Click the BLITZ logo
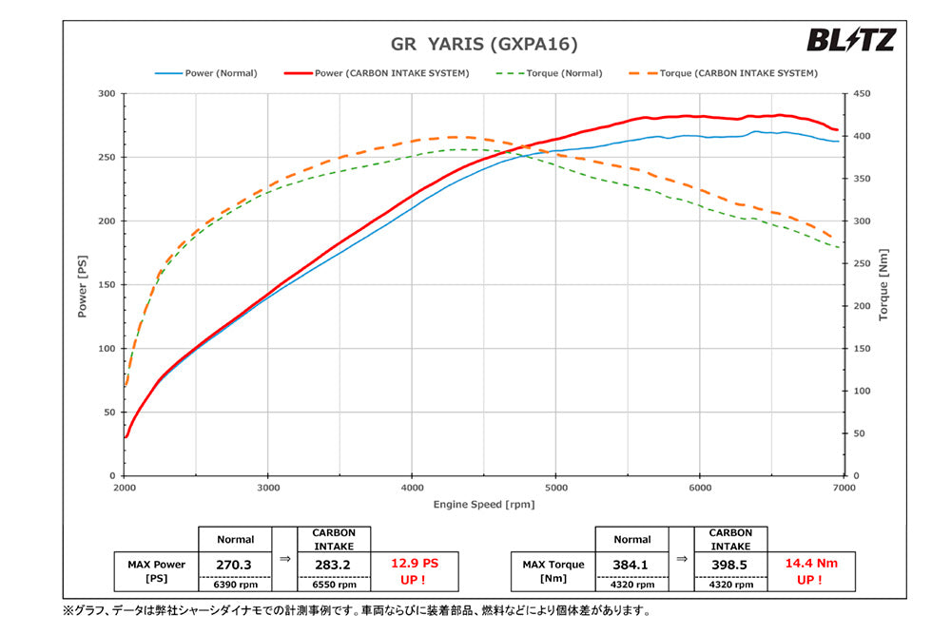(851, 40)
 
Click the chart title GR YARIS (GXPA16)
(484, 44)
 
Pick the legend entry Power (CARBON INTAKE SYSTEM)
(377, 73)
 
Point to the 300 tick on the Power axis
(106, 93)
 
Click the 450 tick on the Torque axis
(862, 93)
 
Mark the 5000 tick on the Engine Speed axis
(556, 487)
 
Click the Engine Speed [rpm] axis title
(484, 504)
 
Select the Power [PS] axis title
(83, 285)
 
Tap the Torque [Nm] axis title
(883, 285)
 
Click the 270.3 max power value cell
(234, 564)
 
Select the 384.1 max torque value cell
(631, 564)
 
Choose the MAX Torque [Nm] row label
(553, 570)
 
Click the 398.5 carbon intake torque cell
(730, 564)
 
